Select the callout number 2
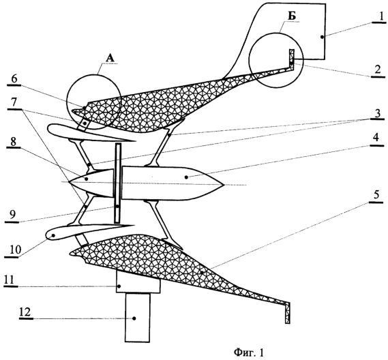[x=378, y=70]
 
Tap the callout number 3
[x=377, y=113]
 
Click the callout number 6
[x=14, y=79]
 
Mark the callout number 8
[x=13, y=142]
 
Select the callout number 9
[x=11, y=214]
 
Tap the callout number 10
[x=15, y=250]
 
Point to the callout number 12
[x=25, y=312]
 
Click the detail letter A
[x=110, y=58]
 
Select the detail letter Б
[x=293, y=16]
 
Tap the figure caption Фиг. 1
[x=249, y=352]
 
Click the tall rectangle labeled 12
[x=137, y=318]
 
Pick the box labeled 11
[x=138, y=282]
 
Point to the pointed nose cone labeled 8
[x=91, y=183]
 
